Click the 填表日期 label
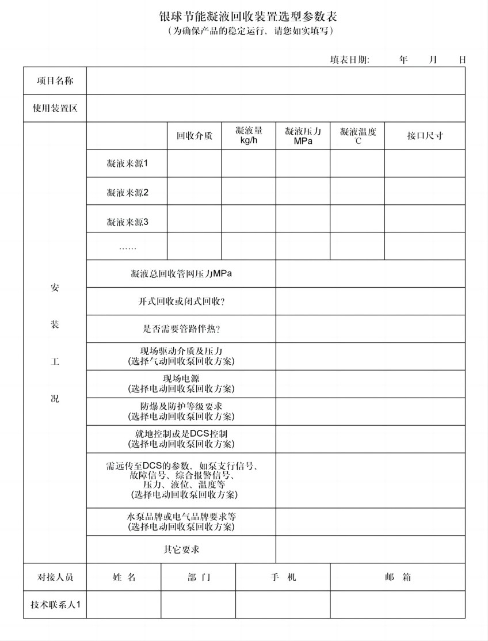point(349,59)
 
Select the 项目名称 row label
point(55,81)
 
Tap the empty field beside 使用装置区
point(276,108)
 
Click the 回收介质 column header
point(194,136)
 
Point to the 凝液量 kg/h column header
point(249,136)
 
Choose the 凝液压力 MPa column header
point(303,136)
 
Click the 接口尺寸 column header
point(425,136)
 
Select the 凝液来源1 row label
point(127,163)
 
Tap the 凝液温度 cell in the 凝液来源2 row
point(357,191)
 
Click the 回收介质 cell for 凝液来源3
point(194,219)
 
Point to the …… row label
point(127,246)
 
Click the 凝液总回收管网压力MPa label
point(181,274)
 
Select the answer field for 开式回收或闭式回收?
point(370,302)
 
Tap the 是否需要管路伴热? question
point(181,329)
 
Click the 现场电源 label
point(181,379)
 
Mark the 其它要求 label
point(181,550)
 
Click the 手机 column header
point(283,577)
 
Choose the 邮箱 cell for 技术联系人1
point(398,605)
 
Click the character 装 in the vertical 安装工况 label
point(55,325)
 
